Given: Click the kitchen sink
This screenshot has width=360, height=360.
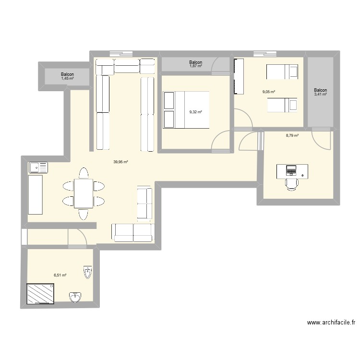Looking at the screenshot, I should [38, 168].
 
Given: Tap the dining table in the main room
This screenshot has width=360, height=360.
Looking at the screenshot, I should [84, 193].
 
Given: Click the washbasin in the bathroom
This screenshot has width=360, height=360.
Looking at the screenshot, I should [75, 297].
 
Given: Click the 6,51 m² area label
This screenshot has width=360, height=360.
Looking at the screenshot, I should [60, 276].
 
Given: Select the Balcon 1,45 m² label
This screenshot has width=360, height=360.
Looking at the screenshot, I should [67, 76].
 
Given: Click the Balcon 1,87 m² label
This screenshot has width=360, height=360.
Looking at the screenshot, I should [196, 64].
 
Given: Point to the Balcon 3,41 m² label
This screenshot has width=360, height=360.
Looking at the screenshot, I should [320, 92].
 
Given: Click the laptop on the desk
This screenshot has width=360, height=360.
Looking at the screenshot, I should [291, 170].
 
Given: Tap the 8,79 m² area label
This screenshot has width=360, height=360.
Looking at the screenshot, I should [292, 136].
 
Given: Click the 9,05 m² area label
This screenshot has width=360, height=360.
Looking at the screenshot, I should [268, 91].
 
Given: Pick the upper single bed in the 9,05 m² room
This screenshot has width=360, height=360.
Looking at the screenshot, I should [282, 72].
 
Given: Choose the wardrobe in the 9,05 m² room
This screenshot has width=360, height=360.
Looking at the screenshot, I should [239, 77].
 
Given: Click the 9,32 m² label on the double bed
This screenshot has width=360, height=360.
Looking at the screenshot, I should [195, 112].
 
